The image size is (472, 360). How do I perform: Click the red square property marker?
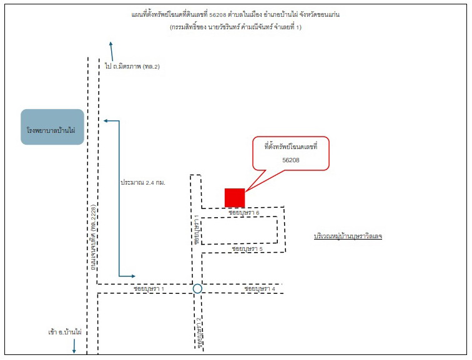click(235, 198)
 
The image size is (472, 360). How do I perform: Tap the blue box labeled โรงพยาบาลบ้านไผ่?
click(52, 127)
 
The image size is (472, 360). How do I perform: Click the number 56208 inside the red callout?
click(291, 160)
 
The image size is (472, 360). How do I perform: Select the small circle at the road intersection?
click(197, 289)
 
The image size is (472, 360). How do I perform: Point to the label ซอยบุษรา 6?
click(244, 213)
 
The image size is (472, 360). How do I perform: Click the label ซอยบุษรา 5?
click(247, 249)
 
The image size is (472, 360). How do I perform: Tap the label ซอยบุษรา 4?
click(260, 289)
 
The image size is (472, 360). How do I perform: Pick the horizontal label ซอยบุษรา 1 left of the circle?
click(149, 289)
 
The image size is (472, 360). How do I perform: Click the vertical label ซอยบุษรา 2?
click(199, 333)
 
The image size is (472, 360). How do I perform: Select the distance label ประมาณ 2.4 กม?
click(143, 183)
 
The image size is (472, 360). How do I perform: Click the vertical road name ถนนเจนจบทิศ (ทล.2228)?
click(94, 238)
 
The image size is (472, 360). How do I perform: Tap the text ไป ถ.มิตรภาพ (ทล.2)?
click(132, 66)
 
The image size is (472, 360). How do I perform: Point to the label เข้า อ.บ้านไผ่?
click(65, 333)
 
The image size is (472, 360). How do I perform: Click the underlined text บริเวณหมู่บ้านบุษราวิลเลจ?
click(348, 236)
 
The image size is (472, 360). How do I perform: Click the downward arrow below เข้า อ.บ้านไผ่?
click(74, 346)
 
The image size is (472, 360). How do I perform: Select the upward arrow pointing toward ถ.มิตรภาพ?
click(112, 51)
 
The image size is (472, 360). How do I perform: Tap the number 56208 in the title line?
click(218, 15)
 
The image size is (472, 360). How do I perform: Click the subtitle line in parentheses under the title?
click(236, 27)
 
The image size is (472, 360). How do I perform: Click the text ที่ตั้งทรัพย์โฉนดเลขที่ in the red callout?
click(291, 147)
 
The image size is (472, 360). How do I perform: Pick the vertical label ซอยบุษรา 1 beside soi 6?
click(197, 230)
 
